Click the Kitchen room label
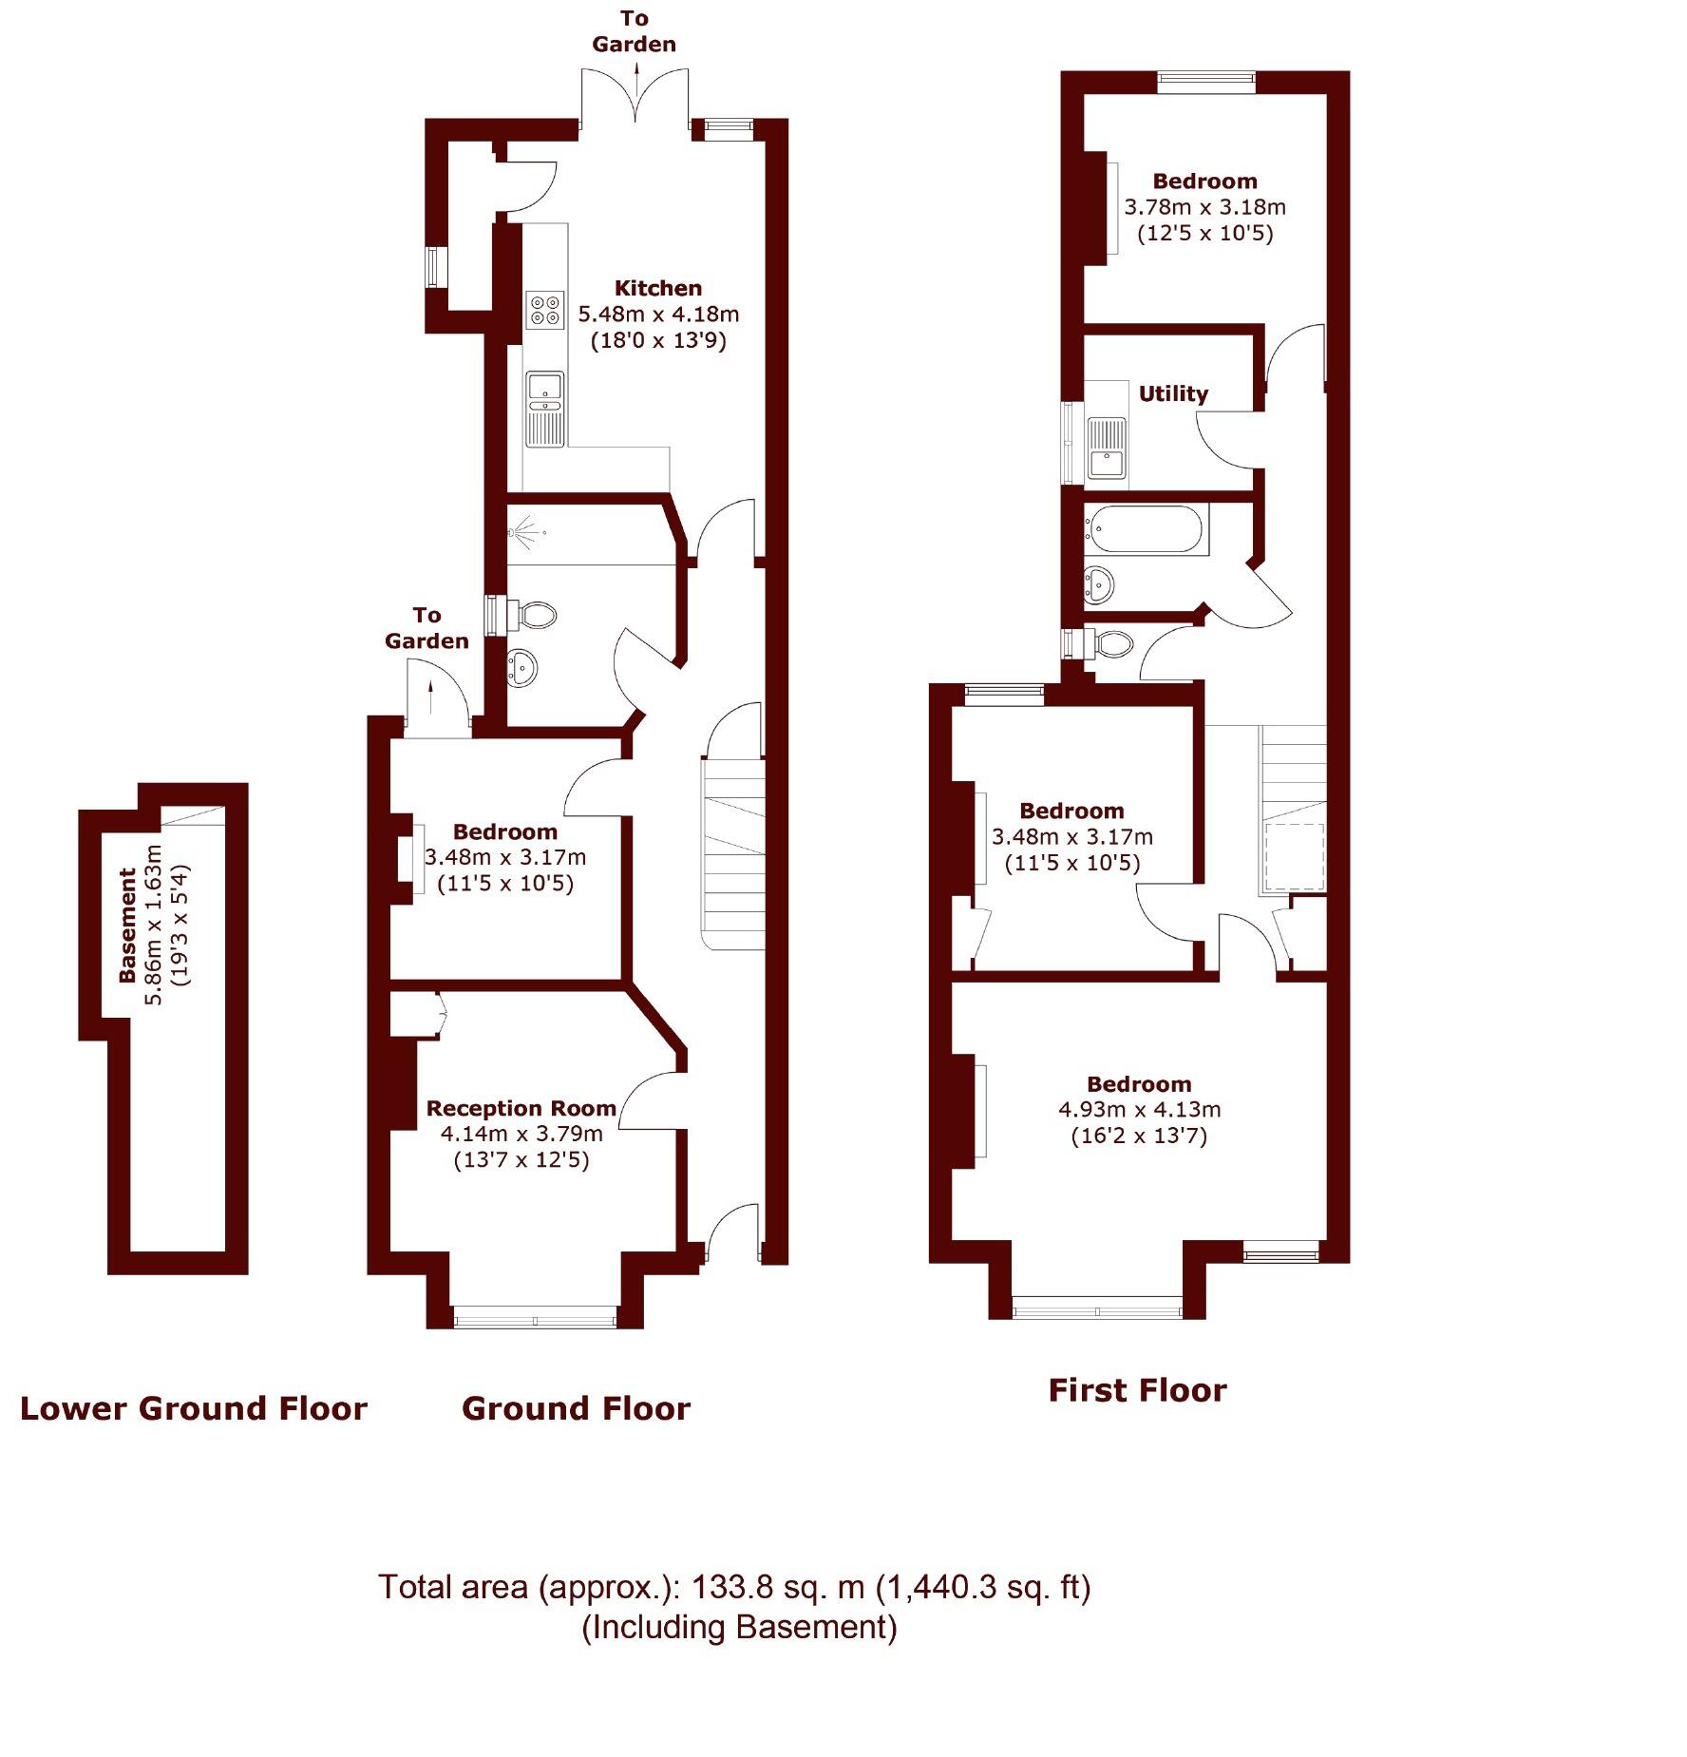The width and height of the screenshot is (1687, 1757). point(657,288)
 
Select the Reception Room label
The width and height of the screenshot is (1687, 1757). point(521,1108)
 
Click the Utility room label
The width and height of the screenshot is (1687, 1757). point(1173,393)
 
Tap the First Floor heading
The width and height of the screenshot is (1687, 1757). point(1137,1390)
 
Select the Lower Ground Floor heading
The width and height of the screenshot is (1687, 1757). point(194,1408)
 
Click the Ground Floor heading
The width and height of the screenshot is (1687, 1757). point(576,1408)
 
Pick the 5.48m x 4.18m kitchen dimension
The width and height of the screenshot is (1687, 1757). point(658,314)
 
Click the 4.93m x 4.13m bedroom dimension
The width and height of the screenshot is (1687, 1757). point(1139,1109)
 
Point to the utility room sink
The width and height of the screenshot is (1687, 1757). point(1107,448)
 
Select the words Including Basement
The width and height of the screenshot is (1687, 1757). point(739,1628)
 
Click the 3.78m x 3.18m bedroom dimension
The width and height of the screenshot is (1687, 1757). point(1204,207)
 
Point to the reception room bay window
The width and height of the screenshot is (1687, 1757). point(535,1318)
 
